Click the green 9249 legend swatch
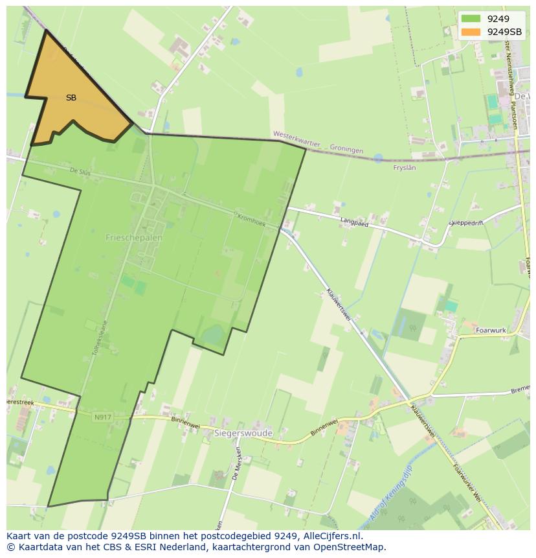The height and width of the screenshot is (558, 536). [x=471, y=19]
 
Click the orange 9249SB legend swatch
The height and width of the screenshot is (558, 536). [x=471, y=32]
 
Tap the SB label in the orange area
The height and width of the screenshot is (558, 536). [x=71, y=98]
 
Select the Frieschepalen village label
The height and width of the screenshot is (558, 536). [x=134, y=238]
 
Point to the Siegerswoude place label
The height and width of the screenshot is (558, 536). [x=243, y=432]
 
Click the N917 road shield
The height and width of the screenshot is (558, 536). [x=102, y=417]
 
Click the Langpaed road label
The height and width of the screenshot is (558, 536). [x=354, y=222]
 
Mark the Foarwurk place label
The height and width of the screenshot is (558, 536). [x=491, y=330]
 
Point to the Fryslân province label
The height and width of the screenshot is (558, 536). [x=405, y=167]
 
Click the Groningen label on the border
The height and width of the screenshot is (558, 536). [x=346, y=149]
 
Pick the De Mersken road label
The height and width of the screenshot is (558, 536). [x=237, y=463]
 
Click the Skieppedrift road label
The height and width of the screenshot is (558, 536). [x=467, y=222]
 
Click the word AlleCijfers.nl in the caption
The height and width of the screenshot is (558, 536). [x=333, y=536]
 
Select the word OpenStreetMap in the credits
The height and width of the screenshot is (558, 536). [x=353, y=547]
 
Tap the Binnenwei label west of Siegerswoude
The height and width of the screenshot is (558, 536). [x=185, y=423]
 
